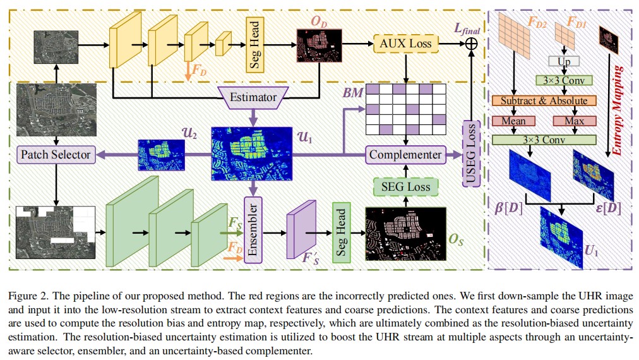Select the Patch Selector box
(56, 154)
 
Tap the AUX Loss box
(406, 43)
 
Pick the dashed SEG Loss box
(405, 186)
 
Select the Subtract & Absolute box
(544, 100)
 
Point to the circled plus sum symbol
(471, 43)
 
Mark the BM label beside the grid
(352, 92)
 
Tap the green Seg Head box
(340, 232)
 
